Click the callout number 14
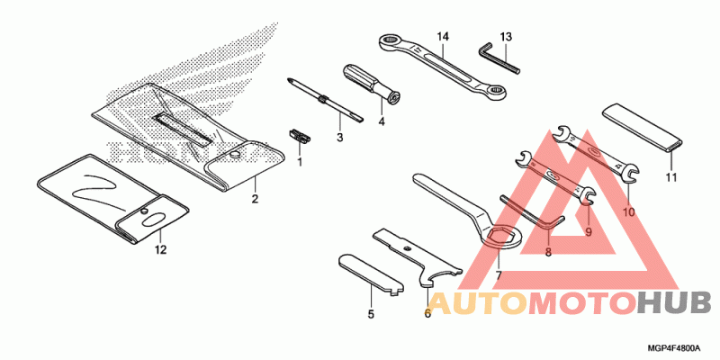[x=442, y=36]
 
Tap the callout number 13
[x=506, y=36]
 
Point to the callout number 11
[x=670, y=177]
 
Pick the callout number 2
[x=255, y=198]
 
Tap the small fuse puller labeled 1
[x=301, y=136]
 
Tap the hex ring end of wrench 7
[x=501, y=238]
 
